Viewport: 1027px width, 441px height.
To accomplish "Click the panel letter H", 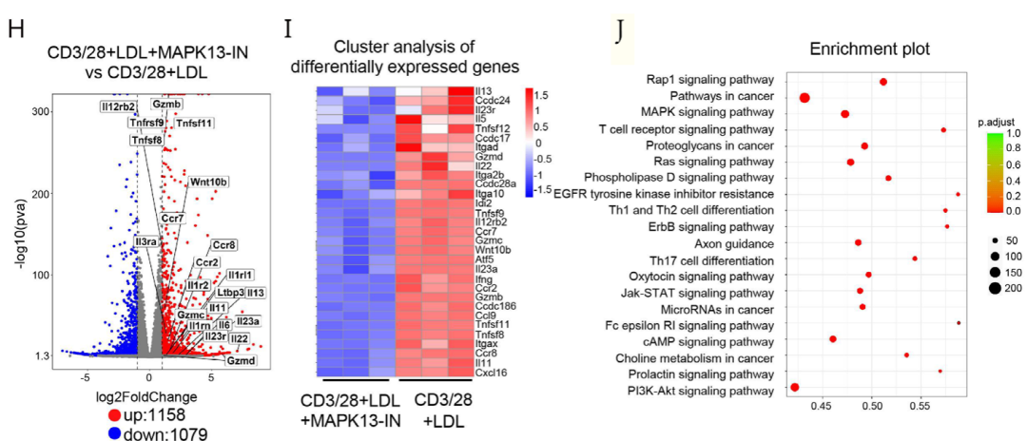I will pyautogui.click(x=16, y=28).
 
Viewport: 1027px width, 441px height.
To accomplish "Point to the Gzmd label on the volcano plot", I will pyautogui.click(x=240, y=361).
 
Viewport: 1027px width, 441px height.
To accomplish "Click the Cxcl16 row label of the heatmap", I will pyautogui.click(x=489, y=374).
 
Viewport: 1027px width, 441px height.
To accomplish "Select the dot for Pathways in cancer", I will pyautogui.click(x=804, y=97).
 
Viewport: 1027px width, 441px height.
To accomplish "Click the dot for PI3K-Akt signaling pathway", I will pyautogui.click(x=795, y=388).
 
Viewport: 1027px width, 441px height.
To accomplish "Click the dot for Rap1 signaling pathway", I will pyautogui.click(x=883, y=82).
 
